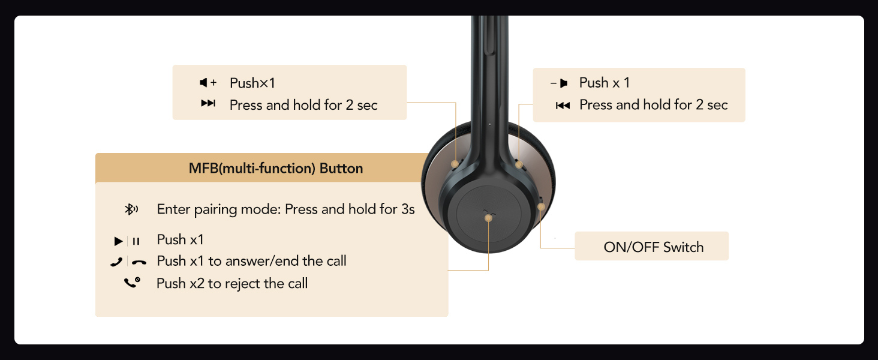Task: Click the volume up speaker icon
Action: pyautogui.click(x=208, y=83)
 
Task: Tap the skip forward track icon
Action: pyautogui.click(x=208, y=103)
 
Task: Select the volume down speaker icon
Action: pyautogui.click(x=559, y=83)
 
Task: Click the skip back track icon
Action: pyautogui.click(x=563, y=106)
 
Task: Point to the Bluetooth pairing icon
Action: pyautogui.click(x=131, y=209)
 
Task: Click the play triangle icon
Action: pyautogui.click(x=118, y=241)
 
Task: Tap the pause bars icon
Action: pyautogui.click(x=136, y=241)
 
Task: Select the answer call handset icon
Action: pyautogui.click(x=117, y=262)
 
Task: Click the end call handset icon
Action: pyautogui.click(x=139, y=262)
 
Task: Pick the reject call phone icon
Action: pyautogui.click(x=132, y=283)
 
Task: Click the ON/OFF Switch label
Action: pyautogui.click(x=654, y=247)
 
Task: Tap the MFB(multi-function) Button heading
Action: pyautogui.click(x=276, y=168)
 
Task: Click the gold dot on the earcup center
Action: pyautogui.click(x=488, y=218)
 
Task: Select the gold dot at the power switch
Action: pyautogui.click(x=541, y=206)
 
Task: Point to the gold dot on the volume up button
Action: pyautogui.click(x=455, y=164)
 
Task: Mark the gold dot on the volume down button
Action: pyautogui.click(x=519, y=164)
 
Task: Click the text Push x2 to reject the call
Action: pyautogui.click(x=232, y=283)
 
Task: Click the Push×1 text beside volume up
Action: pyautogui.click(x=252, y=83)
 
